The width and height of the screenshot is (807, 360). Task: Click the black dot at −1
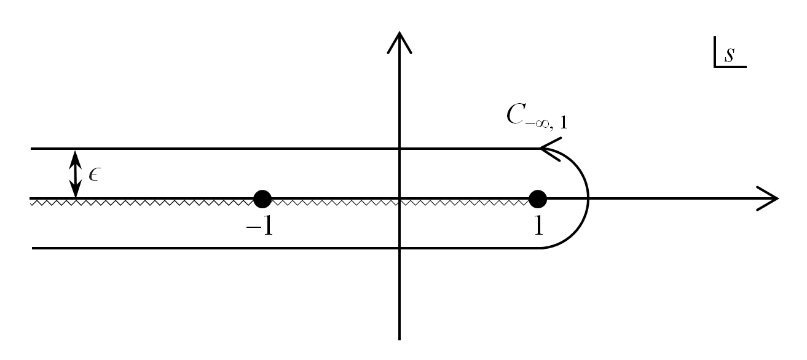point(262,198)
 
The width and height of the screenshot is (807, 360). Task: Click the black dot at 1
point(538,198)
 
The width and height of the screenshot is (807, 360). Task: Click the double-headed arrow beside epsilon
point(75,174)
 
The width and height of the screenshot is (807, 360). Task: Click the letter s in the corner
point(729,55)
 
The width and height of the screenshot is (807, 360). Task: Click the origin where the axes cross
point(400,198)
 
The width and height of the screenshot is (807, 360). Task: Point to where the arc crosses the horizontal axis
point(588,198)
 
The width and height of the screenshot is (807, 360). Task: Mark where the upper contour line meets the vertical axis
point(400,149)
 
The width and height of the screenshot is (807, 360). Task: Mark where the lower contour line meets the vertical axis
point(400,248)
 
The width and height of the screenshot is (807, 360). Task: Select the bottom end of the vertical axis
point(400,337)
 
